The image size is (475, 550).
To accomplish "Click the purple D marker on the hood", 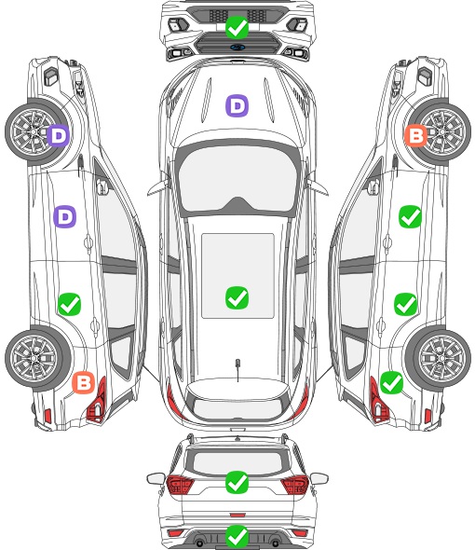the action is coord(237,105).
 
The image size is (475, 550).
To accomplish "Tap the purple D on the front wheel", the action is coord(59,135).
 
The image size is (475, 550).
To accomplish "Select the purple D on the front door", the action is coord(65,217).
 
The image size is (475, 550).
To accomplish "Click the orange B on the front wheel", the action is coord(415,135).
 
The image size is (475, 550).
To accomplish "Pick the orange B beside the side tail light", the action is coord(84,382).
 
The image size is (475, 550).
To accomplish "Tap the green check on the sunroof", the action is coord(237,297).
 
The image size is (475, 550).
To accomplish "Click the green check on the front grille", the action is coord(237,27).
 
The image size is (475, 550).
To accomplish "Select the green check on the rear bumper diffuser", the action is coord(237,536).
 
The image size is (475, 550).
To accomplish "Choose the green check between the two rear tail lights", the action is coord(237,482).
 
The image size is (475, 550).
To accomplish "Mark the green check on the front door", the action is coord(410,217).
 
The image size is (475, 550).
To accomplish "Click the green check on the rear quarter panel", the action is coord(391,382).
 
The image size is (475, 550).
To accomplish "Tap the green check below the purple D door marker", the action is coord(70,304).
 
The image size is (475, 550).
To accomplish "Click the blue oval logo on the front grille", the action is coord(237,48).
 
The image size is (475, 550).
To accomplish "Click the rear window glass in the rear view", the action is coord(237,462).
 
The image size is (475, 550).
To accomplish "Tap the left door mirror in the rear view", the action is coord(156,478).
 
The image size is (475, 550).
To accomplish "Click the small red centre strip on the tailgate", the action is coord(237,515).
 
